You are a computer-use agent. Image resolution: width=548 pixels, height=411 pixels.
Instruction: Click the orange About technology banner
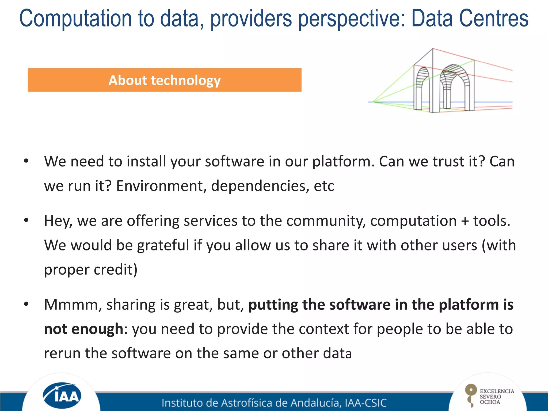pos(165,80)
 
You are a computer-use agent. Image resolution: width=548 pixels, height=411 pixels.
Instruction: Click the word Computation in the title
pos(76,19)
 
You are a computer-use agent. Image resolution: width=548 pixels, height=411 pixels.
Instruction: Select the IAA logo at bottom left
pos(62,395)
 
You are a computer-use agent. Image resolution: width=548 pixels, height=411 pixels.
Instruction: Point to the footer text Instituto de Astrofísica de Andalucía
pos(274,403)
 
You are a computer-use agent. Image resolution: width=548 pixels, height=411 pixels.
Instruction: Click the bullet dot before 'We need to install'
pos(26,161)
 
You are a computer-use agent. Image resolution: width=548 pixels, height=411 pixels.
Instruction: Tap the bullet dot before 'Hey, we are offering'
pos(26,220)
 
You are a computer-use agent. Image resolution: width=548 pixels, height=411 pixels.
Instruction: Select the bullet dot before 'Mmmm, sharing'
pos(26,304)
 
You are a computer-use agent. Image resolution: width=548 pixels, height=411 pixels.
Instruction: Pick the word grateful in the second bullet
pos(163,245)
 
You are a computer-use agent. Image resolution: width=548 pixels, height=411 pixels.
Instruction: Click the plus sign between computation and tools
pos(465,221)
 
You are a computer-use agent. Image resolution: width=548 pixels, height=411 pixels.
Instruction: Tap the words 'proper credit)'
pos(91,269)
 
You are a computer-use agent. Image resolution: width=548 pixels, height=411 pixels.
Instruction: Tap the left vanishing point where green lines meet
pos(373,102)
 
